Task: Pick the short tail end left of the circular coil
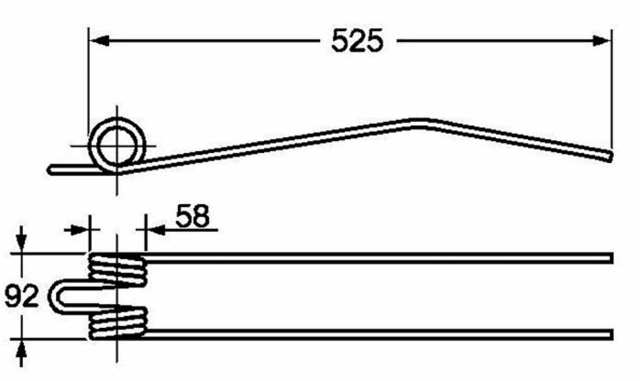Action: [x=55, y=169]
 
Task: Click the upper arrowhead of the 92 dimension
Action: [x=23, y=244]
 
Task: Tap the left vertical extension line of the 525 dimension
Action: [x=88, y=82]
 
